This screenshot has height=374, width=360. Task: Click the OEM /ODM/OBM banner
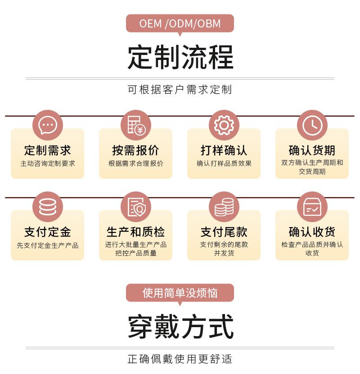click(180, 23)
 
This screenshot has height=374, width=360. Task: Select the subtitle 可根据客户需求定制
click(180, 89)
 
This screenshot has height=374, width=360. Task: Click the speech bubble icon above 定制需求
click(47, 125)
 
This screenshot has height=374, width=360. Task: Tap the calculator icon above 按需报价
click(135, 125)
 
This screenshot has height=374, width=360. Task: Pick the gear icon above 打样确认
click(224, 125)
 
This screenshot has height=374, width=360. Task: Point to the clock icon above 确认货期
click(312, 125)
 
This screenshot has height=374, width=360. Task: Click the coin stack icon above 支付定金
click(47, 207)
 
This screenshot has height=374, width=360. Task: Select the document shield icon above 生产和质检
click(135, 207)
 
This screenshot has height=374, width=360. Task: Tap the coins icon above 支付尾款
click(224, 207)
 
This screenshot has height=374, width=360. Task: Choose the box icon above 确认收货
click(312, 207)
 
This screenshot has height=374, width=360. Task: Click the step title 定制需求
click(47, 150)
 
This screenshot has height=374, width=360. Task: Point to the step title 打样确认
click(224, 150)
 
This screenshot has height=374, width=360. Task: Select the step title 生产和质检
click(135, 232)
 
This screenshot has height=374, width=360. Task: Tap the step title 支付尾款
click(224, 232)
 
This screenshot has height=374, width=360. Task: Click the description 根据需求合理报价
click(135, 164)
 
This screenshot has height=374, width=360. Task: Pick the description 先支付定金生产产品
click(47, 246)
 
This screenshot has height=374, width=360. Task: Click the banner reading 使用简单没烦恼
click(180, 293)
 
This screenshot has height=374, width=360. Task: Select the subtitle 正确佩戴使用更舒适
click(180, 359)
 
